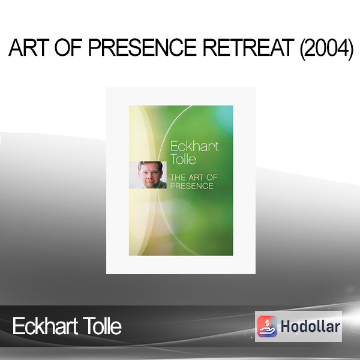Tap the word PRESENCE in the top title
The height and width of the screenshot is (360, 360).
[142, 47]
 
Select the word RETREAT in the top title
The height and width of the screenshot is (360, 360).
[248, 47]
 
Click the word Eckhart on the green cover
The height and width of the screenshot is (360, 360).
[194, 146]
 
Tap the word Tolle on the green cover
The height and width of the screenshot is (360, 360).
[183, 159]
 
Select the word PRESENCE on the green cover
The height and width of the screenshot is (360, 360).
[192, 186]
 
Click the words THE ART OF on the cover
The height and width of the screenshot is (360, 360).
[194, 178]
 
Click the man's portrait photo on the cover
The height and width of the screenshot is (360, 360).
[148, 175]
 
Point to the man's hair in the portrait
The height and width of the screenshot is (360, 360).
[150, 165]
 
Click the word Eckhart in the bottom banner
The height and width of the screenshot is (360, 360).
[45, 326]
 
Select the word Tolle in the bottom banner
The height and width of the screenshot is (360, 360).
[102, 326]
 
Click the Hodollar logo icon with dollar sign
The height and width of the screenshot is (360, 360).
[267, 326]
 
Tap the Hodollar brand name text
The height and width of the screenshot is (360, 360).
[310, 326]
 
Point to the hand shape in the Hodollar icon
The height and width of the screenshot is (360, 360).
[267, 331]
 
